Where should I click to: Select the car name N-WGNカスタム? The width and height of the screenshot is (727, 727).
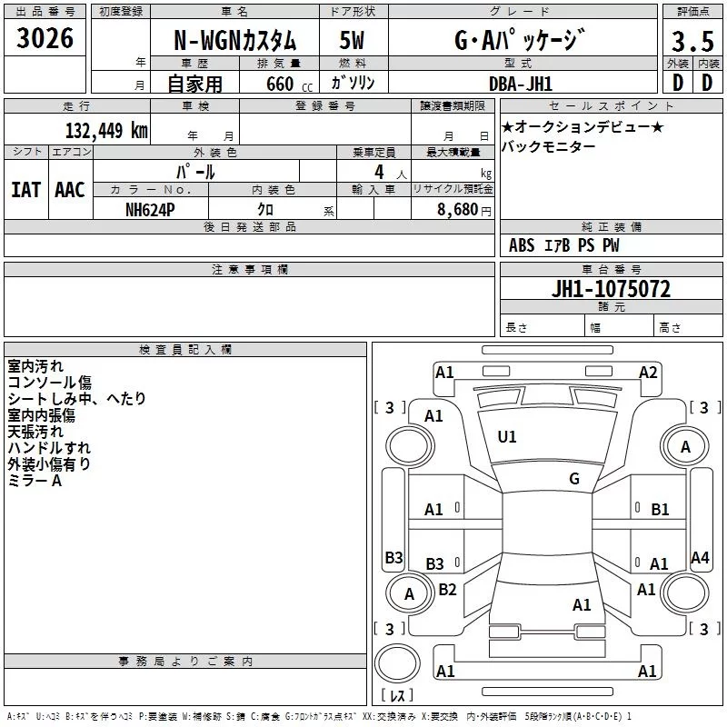(x=234, y=41)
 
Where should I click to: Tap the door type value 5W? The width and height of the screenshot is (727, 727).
(x=352, y=41)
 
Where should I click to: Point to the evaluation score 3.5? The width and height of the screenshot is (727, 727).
(x=692, y=42)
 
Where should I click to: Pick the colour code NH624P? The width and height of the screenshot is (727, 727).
(x=151, y=208)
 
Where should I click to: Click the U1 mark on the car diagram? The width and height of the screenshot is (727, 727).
(x=507, y=437)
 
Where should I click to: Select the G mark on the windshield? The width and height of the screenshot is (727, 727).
(x=574, y=479)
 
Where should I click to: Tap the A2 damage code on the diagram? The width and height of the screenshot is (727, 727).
(x=648, y=372)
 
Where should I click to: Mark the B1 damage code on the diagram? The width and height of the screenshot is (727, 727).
(x=660, y=510)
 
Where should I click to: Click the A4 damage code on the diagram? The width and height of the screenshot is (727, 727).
(x=700, y=558)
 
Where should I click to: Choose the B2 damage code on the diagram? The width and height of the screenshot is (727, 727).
(x=447, y=590)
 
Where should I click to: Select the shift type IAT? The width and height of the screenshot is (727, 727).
(x=25, y=189)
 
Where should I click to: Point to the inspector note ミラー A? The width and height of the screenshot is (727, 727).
(x=35, y=481)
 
